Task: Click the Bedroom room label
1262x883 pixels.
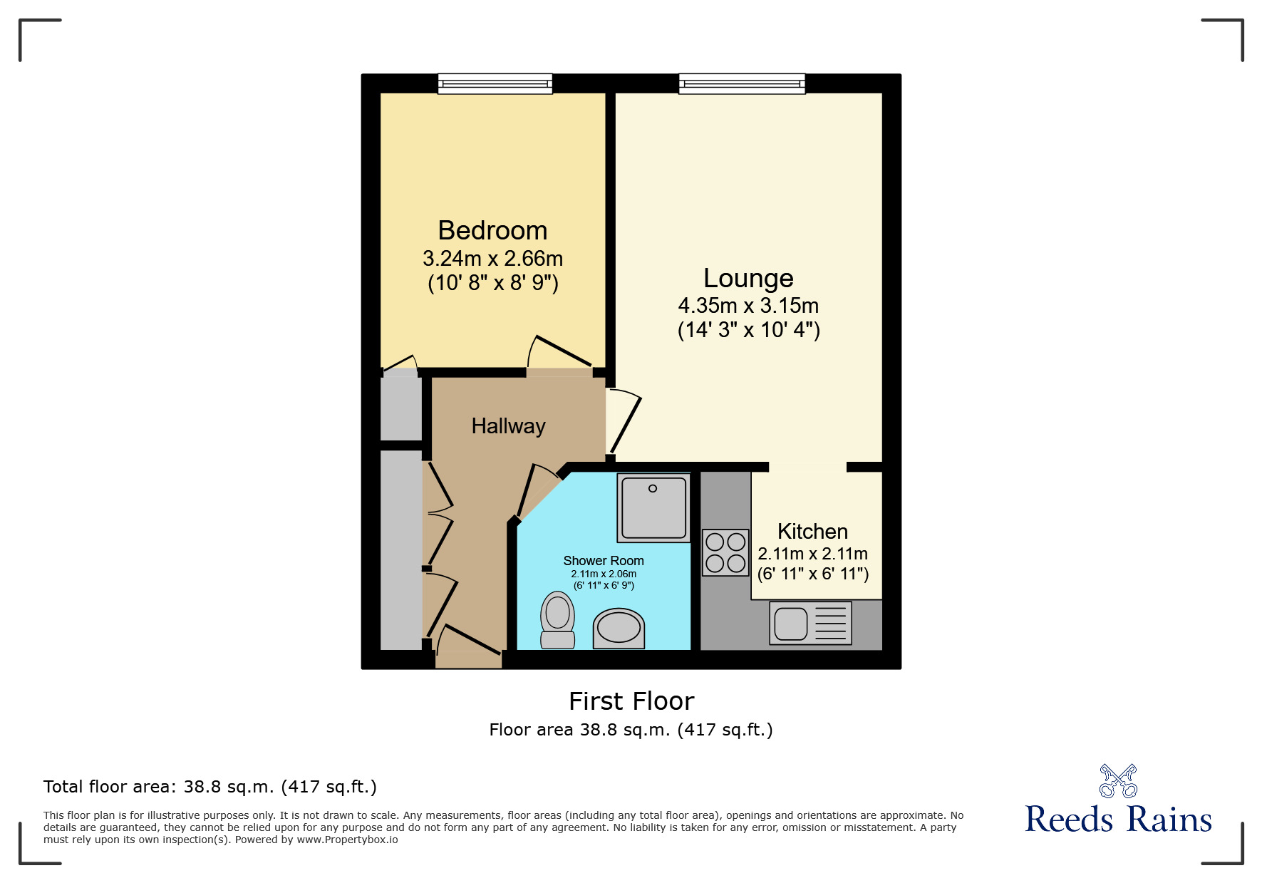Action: [x=492, y=231]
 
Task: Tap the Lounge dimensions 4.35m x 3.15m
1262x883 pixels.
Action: [x=748, y=306]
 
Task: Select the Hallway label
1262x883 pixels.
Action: [x=508, y=426]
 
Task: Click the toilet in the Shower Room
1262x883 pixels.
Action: [x=558, y=620]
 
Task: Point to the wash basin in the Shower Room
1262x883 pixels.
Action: [x=619, y=628]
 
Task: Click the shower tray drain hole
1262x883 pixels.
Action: [x=652, y=489]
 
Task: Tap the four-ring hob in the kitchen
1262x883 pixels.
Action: [x=725, y=552]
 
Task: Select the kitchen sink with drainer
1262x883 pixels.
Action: [x=810, y=624]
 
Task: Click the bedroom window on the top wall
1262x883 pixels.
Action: [x=495, y=84]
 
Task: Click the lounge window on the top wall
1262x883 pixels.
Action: [x=742, y=84]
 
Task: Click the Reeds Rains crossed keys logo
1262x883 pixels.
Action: [x=1118, y=781]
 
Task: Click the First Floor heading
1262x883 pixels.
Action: [x=631, y=701]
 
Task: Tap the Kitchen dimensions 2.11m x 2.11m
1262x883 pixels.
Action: [x=812, y=554]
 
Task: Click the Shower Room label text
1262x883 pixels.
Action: [x=604, y=561]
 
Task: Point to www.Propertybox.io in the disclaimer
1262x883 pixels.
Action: [x=347, y=840]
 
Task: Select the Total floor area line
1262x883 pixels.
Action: [x=210, y=787]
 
